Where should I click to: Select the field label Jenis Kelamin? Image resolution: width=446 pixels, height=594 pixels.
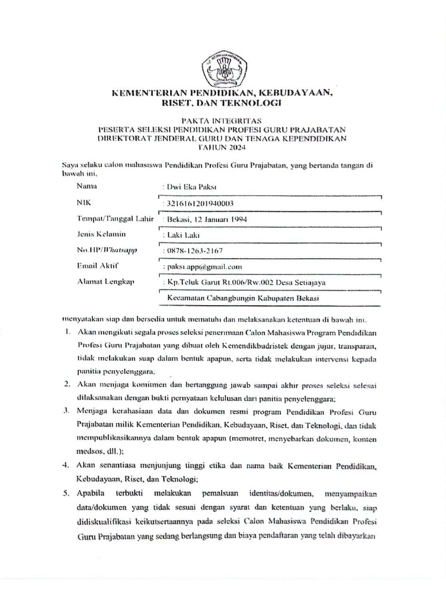(x=101, y=234)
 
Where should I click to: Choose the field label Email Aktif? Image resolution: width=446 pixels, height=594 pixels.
(x=98, y=266)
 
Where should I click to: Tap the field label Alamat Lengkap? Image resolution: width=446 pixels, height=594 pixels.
(x=105, y=282)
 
